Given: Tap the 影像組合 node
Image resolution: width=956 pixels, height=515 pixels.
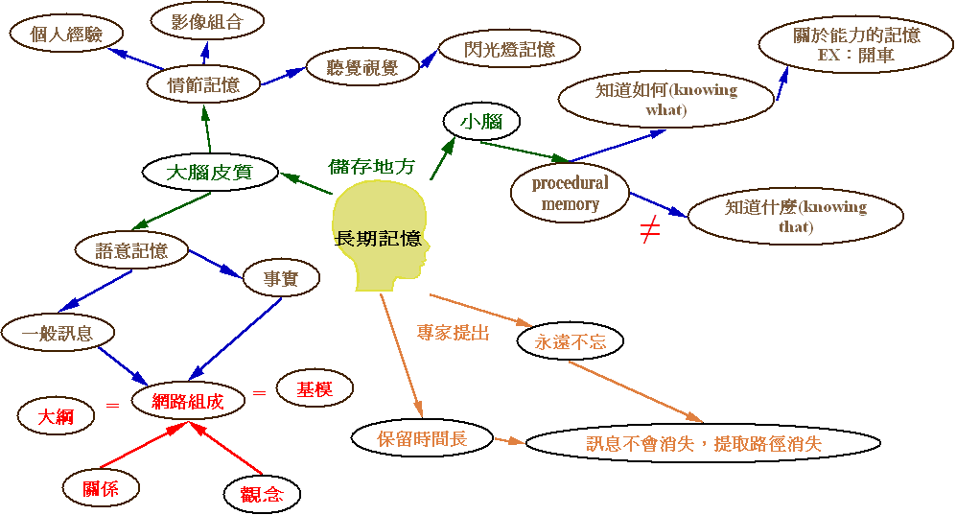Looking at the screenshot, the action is coord(208,21).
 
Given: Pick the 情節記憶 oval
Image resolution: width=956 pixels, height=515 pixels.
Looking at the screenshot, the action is coord(202,83).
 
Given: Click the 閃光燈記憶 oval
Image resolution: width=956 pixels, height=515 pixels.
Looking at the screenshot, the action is coord(496,49).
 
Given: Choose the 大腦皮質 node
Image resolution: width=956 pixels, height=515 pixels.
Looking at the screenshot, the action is coord(209,174).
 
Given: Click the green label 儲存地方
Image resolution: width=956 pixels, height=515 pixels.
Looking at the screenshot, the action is coord(372,166).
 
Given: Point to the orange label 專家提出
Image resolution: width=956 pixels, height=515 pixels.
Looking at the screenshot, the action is coord(453,333).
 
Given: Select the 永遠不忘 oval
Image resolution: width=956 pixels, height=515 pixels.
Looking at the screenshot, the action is coord(570,340).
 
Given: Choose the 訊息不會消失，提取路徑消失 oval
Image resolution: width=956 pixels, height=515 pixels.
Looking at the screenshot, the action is coord(704,444).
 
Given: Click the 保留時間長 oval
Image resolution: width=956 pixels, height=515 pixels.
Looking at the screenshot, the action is coord(422,439).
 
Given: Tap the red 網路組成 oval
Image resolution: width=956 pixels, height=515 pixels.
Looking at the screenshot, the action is coord(188,402).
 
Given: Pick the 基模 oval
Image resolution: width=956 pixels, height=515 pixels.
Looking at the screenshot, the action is coord(315,389).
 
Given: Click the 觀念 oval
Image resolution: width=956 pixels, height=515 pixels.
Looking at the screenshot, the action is coord(262,495).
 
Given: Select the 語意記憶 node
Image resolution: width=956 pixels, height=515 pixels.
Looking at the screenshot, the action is coord(131,250).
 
